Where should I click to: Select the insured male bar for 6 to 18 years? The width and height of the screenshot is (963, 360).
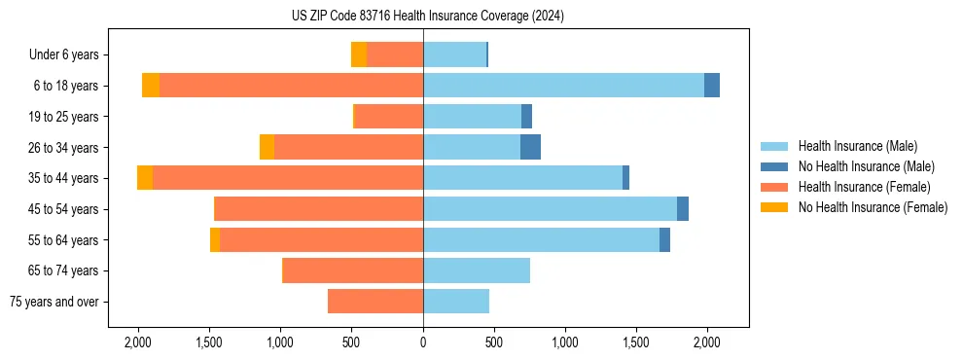563,86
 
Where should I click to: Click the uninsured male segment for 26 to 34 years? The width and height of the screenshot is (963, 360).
530,147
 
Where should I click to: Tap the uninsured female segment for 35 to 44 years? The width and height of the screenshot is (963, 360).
145,178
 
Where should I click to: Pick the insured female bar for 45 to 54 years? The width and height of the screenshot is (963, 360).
318,209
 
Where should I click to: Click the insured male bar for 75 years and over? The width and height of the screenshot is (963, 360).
456,302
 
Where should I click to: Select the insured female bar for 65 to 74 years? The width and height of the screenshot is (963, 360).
352,270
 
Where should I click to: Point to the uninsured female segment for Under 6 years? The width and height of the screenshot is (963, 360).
359,54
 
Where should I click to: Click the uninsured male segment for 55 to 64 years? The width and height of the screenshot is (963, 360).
664,240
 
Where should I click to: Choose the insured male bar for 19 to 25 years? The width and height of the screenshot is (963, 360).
472,117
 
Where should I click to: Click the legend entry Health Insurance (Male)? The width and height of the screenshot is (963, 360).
857,146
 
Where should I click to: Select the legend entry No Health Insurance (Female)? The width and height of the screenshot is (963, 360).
873,207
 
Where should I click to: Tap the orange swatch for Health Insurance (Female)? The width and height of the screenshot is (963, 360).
774,187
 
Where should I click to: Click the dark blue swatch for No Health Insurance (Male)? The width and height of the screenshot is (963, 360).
774,166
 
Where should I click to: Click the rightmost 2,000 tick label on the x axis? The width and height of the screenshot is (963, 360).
707,343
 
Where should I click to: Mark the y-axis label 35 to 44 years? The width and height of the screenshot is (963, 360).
65,178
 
